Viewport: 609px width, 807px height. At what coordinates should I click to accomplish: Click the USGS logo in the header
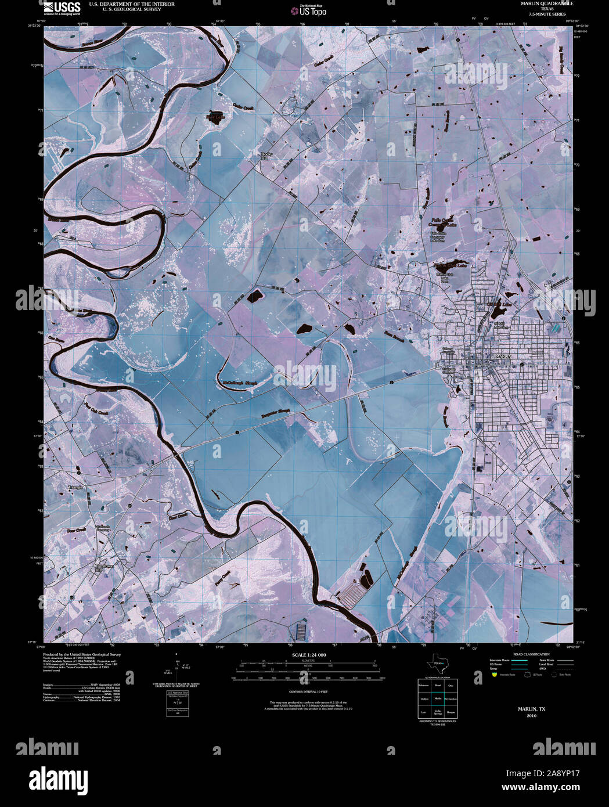(x=62, y=8)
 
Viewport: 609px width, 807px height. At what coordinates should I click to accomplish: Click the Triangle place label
(x=76, y=487)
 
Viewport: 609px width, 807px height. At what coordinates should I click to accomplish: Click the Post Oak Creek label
(x=96, y=410)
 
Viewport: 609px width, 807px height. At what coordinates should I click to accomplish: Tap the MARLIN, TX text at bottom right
(x=531, y=709)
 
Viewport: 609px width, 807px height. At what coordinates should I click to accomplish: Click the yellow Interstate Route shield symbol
(x=494, y=675)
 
